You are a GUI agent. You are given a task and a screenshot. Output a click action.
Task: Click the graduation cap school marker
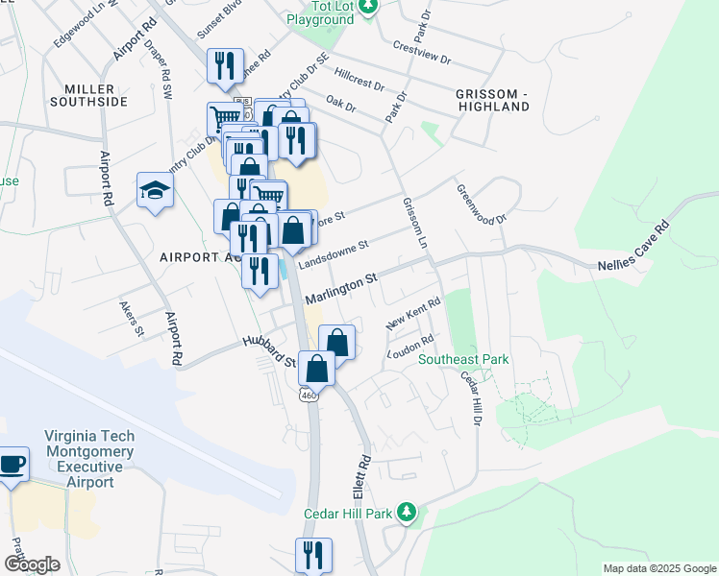[154, 191]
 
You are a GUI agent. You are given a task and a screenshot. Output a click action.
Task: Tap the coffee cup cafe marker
[12, 466]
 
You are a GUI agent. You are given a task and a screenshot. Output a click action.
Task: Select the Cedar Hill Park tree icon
[408, 513]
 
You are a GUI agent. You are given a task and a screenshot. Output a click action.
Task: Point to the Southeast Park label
[463, 359]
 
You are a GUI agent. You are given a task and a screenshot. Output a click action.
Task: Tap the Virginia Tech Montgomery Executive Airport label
[88, 459]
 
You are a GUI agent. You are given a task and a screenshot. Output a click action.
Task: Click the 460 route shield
[308, 395]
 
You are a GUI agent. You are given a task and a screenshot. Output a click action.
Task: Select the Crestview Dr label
[422, 52]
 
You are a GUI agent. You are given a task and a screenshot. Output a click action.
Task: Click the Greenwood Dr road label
[481, 205]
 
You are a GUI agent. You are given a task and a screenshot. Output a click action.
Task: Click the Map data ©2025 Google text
[659, 568]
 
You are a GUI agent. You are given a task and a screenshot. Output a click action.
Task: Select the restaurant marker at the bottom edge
[314, 555]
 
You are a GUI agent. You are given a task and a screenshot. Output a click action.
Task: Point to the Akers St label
[132, 319]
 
